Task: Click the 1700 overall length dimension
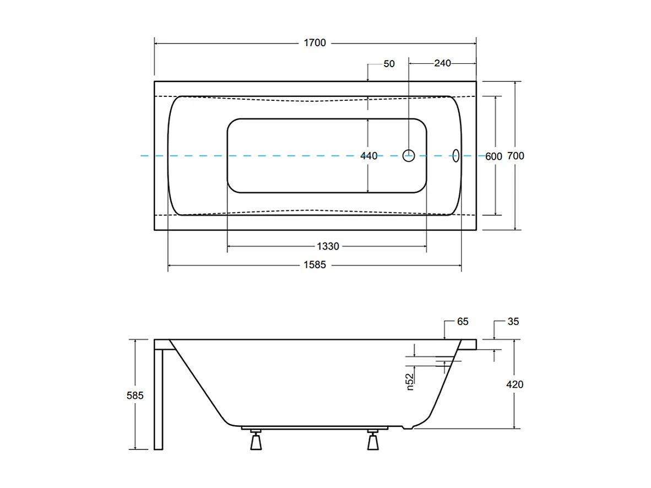pos(315,43)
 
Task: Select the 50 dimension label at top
pos(389,64)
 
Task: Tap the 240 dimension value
pos(442,63)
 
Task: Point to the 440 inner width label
pos(368,156)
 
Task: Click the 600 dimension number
pos(493,156)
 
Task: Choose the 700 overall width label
pos(516,156)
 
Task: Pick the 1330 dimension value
pos(327,246)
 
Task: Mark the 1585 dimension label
pos(314,265)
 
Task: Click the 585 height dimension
pos(135,395)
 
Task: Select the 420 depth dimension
pos(514,384)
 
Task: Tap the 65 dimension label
pos(463,322)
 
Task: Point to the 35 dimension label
pos(512,322)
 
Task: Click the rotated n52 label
pos(410,381)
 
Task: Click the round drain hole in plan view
pos(408,156)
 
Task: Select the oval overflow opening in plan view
pos(456,156)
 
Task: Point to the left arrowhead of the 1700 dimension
pos(156,43)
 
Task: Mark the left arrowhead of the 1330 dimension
pos(230,246)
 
